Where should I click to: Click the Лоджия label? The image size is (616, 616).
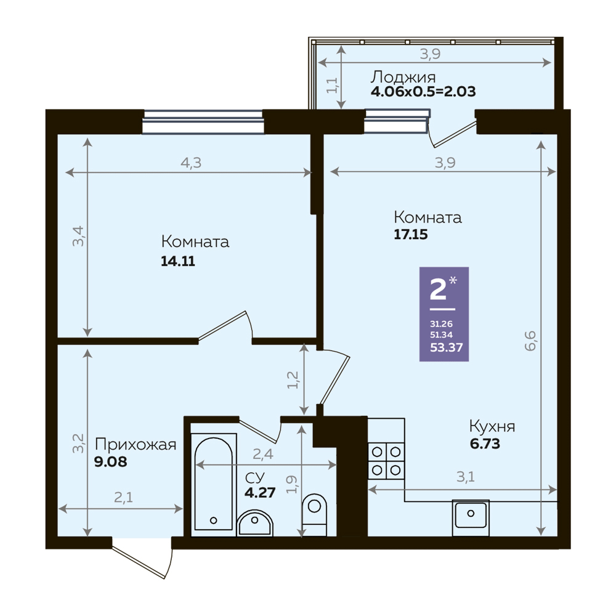[403, 77]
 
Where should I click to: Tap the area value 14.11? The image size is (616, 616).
[178, 261]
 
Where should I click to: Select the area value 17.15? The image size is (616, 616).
[410, 235]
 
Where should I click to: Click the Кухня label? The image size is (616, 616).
[492, 426]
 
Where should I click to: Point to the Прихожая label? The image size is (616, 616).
[136, 445]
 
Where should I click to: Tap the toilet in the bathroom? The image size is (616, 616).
[314, 514]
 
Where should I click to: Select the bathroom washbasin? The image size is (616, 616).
[255, 522]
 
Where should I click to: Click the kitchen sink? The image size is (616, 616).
[471, 518]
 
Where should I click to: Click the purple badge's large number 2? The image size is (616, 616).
[439, 289]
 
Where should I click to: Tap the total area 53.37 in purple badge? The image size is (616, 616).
[446, 347]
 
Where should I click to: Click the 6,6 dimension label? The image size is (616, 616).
[530, 341]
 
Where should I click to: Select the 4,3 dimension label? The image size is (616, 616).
[191, 163]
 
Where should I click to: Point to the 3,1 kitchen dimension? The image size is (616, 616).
[466, 477]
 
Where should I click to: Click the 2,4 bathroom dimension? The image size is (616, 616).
[263, 454]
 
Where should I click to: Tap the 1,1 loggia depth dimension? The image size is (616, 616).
[332, 85]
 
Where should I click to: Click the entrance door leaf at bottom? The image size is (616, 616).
[137, 562]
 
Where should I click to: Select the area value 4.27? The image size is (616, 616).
[260, 492]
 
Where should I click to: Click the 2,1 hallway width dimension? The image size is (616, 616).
[123, 498]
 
